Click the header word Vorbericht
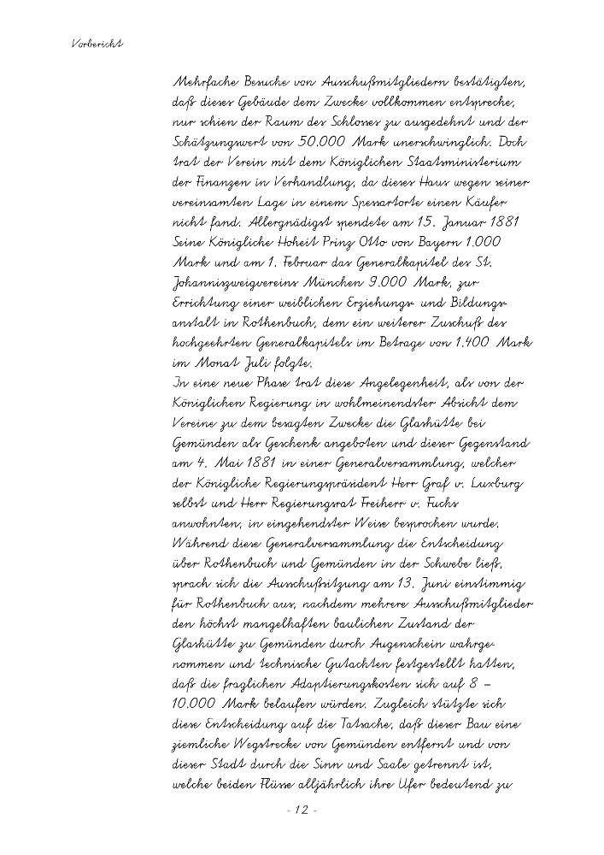tap(95, 43)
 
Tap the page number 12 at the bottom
tap(301, 810)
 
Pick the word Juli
tap(248, 367)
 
